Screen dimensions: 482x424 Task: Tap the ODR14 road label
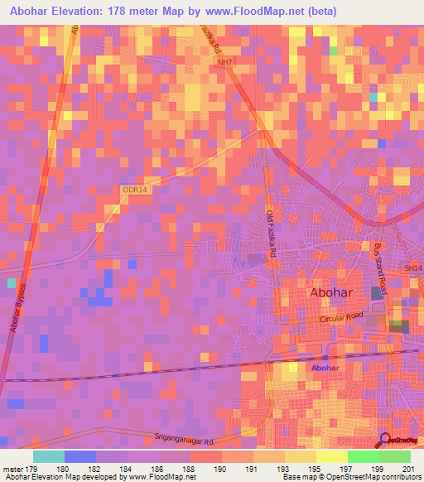[x=134, y=190]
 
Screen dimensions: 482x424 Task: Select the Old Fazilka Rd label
[x=270, y=235]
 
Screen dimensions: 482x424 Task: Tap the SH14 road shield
[x=412, y=267]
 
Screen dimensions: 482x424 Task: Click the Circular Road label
[x=342, y=318]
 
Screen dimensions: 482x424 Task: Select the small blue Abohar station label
[x=325, y=367]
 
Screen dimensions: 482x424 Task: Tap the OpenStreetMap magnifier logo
[x=386, y=440]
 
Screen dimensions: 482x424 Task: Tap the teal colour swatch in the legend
[x=49, y=456]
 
